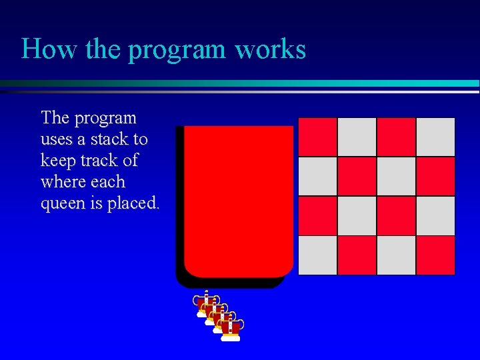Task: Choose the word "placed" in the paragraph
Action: point(136,203)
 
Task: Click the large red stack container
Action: point(238,200)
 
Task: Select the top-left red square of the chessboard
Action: point(317,137)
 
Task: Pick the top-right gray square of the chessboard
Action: point(436,137)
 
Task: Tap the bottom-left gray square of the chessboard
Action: point(317,255)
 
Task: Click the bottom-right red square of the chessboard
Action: point(436,255)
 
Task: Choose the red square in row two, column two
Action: point(357,176)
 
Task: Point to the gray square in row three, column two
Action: point(357,215)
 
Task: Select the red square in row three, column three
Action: point(396,215)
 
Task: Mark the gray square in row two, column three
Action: point(396,176)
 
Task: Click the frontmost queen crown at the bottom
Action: point(230,329)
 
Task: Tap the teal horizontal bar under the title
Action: point(240,83)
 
